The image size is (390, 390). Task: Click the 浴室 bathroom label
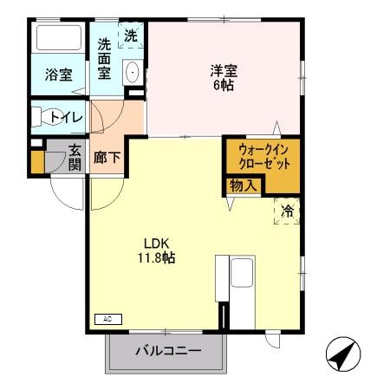pos(59,75)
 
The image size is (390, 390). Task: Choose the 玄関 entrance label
pos(75,157)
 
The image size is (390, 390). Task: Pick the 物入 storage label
pos(242,185)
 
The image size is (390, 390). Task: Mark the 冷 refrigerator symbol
pos(287,210)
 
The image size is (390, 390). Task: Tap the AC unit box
pos(107,319)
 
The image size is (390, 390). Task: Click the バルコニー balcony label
pos(168,352)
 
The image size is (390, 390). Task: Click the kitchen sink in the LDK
pos(242,276)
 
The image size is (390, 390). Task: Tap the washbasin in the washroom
pos(133,72)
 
